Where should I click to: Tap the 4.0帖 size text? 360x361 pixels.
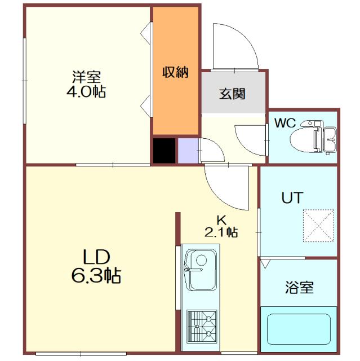click(86, 91)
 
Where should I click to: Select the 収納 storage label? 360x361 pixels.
click(175, 72)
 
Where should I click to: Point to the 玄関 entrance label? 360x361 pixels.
click(232, 94)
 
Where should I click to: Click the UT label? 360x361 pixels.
click(292, 198)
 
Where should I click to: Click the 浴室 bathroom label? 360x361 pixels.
click(298, 288)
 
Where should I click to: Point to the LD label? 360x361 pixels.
click(96, 257)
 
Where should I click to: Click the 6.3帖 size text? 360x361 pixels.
click(97, 276)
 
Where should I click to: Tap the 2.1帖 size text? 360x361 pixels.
click(221, 231)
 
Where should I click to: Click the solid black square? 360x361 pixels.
click(164, 150)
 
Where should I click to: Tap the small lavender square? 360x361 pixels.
click(186, 150)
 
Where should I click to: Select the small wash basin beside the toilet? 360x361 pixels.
click(330, 138)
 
